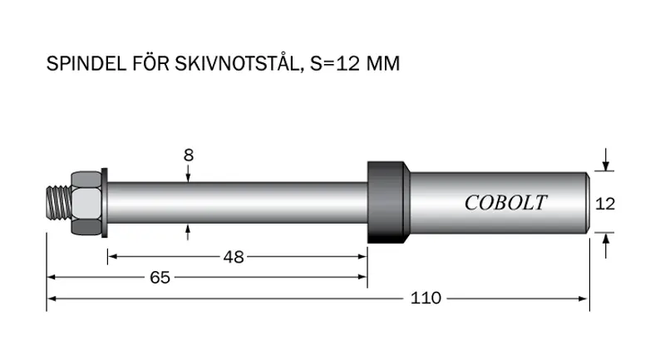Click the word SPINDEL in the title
(86, 64)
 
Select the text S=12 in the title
(335, 64)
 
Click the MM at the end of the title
(383, 64)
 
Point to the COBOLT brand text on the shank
(505, 203)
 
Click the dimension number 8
(189, 155)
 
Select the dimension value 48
(234, 257)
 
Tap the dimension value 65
(160, 278)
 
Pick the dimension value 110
(426, 298)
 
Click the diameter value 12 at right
(605, 204)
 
